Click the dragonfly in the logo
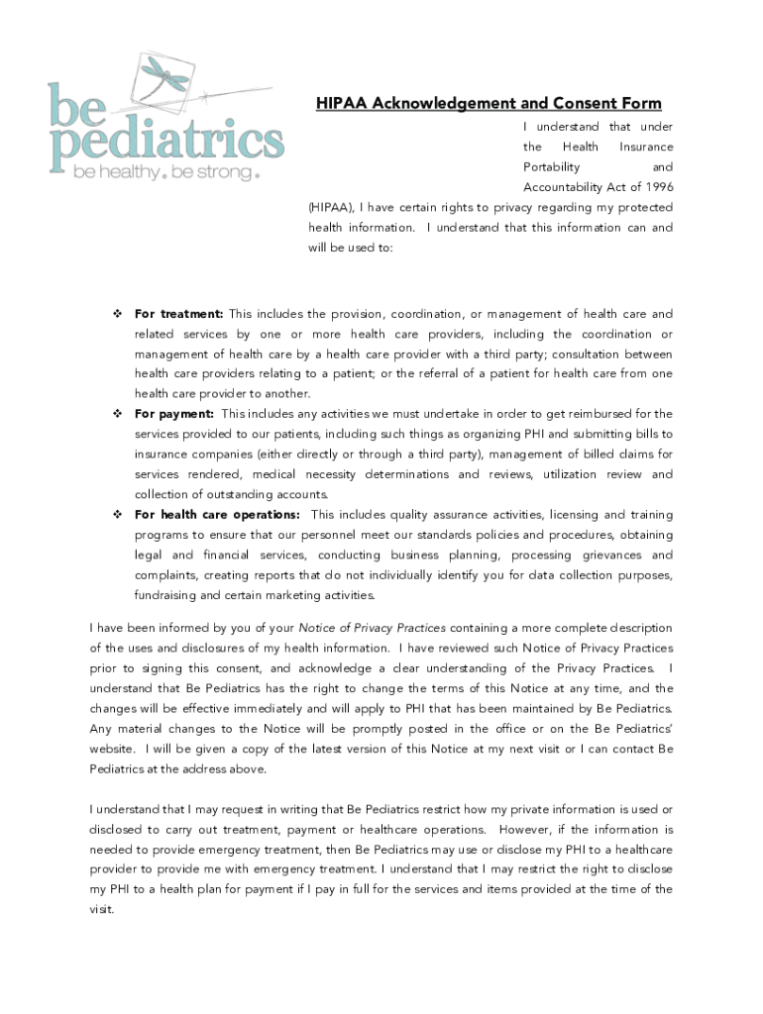tap(166, 71)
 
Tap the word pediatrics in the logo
tap(166, 140)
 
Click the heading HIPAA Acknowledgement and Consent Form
tap(489, 104)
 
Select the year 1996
tap(657, 187)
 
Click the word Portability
tap(552, 167)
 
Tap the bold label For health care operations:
tap(217, 515)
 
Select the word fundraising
tap(165, 595)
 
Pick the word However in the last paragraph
tap(529, 830)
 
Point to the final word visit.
tap(101, 910)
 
